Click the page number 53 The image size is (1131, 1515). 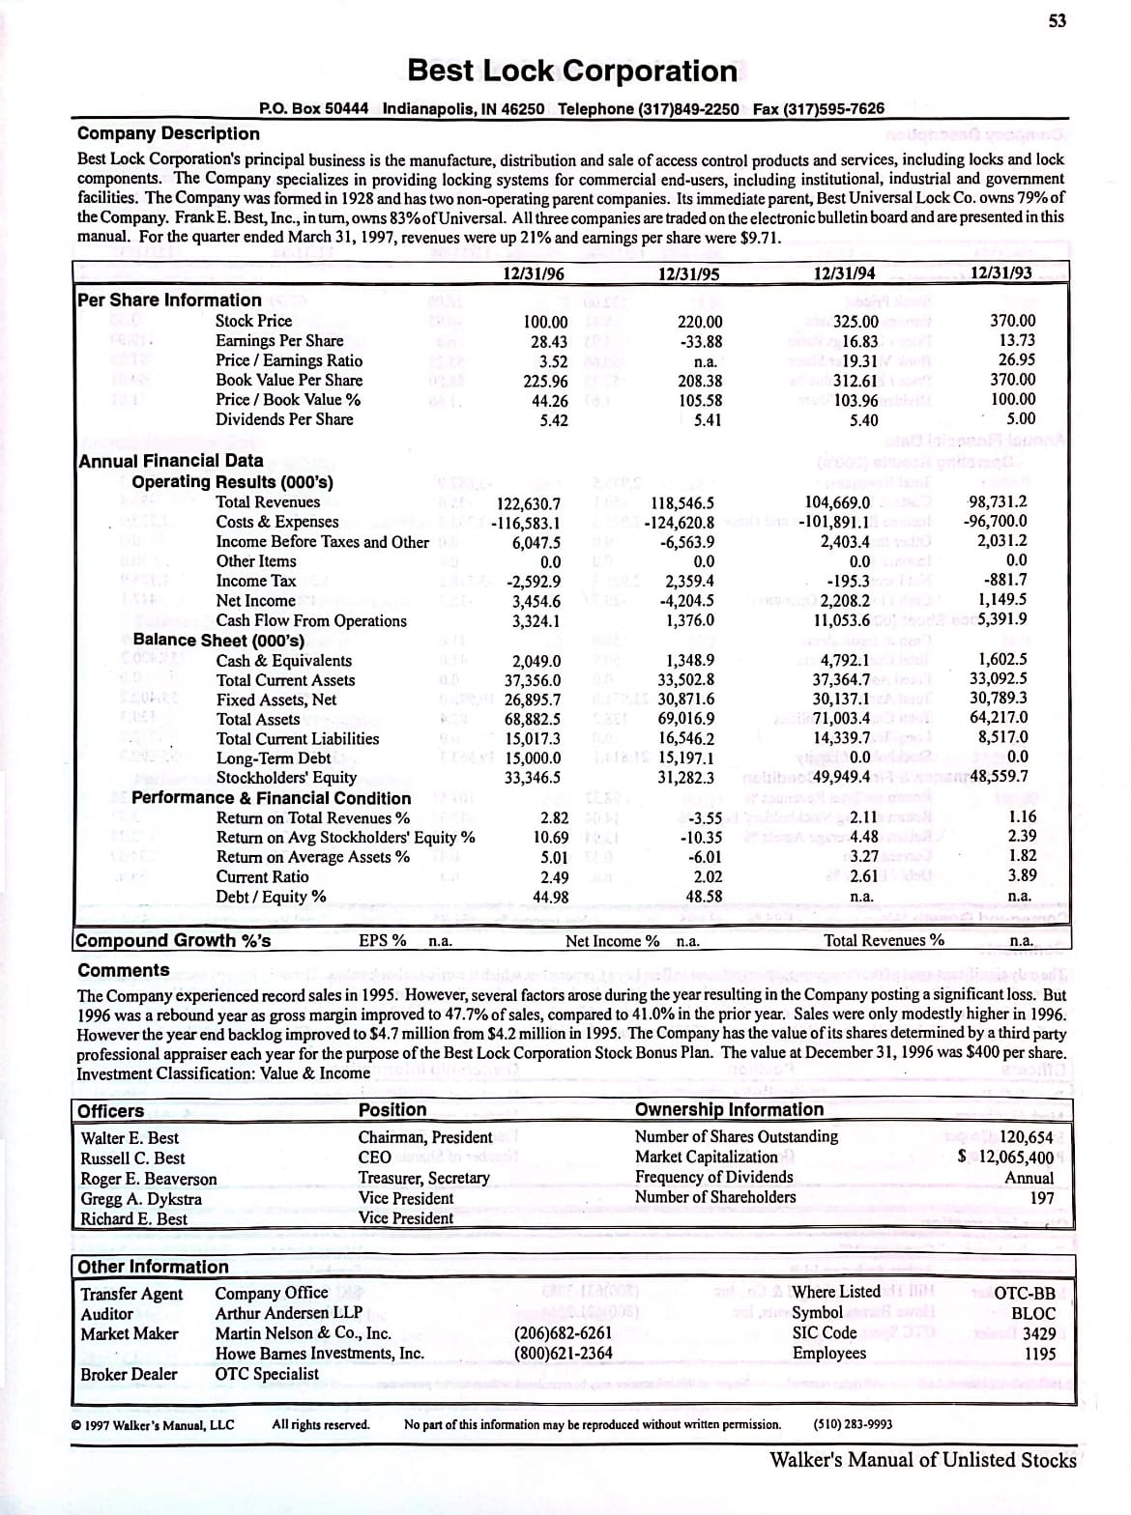(1058, 21)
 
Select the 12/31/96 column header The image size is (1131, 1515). (535, 273)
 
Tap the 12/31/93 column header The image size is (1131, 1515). (1000, 272)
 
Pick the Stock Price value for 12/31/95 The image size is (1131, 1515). (699, 322)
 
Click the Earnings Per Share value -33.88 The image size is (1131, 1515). (699, 341)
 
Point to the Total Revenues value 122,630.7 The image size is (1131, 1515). (528, 503)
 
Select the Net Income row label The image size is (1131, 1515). (255, 600)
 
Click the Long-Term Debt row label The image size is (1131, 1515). (273, 758)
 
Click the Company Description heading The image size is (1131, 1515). (168, 133)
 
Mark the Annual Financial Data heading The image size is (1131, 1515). (171, 461)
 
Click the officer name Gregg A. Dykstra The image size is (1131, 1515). (141, 1199)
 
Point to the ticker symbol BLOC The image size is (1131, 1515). (1033, 1313)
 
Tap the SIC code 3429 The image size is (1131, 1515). (1039, 1333)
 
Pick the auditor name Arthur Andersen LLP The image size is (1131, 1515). (288, 1312)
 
